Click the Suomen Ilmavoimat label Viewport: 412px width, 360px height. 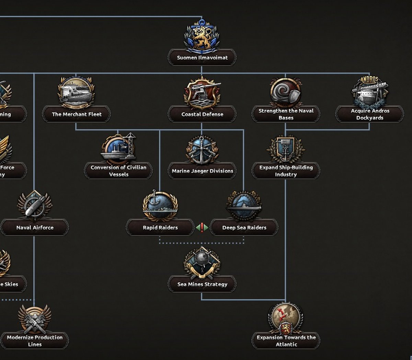(x=202, y=58)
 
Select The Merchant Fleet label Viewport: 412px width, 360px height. (x=77, y=114)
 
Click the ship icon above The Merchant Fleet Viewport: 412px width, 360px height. (x=76, y=92)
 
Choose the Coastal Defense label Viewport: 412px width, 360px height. (x=202, y=114)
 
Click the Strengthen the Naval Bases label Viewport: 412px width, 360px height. (x=286, y=114)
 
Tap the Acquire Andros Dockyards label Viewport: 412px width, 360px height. (x=370, y=114)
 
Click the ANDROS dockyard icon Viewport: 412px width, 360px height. (x=369, y=91)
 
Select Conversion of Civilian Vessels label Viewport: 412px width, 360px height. (x=118, y=171)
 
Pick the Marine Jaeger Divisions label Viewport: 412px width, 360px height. (x=202, y=171)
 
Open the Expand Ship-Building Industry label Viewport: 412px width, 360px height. (x=286, y=171)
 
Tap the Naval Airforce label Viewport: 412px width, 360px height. (x=35, y=228)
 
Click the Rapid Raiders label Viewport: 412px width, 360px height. (x=160, y=228)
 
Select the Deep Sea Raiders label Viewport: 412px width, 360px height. (x=244, y=228)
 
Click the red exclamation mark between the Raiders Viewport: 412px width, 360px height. (x=202, y=227)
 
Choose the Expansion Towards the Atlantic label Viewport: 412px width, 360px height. (x=286, y=341)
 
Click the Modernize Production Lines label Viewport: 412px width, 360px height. (x=35, y=341)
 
